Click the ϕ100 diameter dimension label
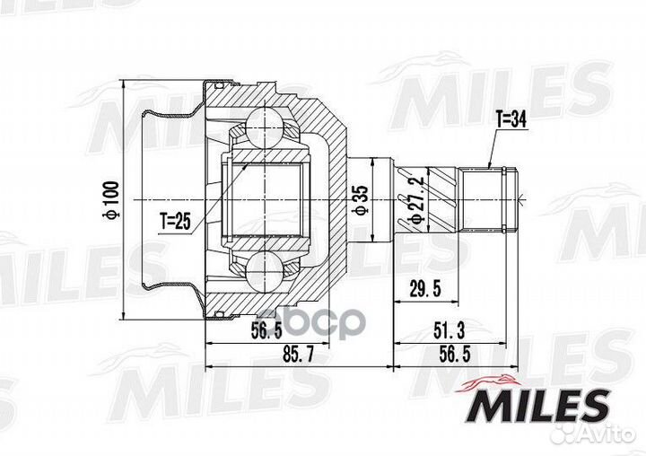(112, 199)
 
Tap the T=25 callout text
(176, 222)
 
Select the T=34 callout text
(511, 120)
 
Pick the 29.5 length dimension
(425, 289)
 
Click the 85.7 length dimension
(298, 354)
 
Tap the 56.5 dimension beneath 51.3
(455, 354)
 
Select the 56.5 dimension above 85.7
(266, 330)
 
